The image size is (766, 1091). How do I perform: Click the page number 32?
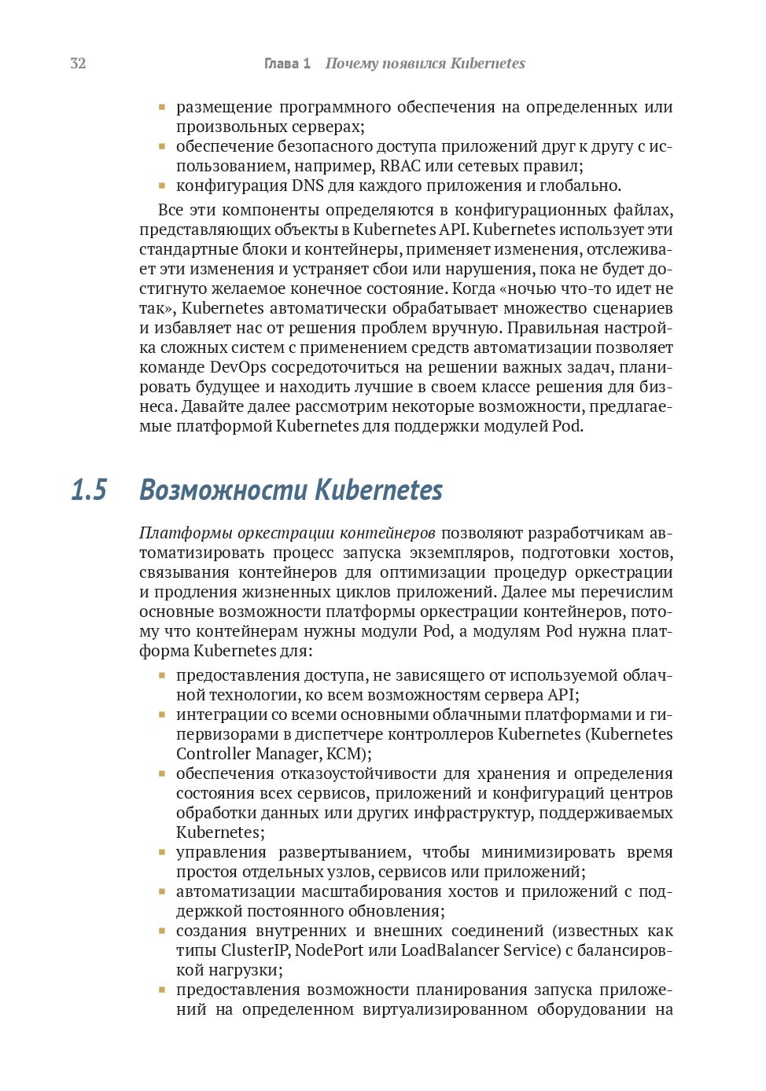(x=78, y=64)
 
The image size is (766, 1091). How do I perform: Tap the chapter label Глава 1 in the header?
(x=287, y=64)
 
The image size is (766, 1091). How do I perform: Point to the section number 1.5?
(x=89, y=490)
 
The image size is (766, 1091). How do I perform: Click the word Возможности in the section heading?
(x=223, y=490)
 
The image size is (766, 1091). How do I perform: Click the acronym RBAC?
(x=400, y=166)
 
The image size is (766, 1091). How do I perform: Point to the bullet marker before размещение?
(x=162, y=107)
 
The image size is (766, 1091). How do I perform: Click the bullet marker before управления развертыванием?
(x=162, y=852)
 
